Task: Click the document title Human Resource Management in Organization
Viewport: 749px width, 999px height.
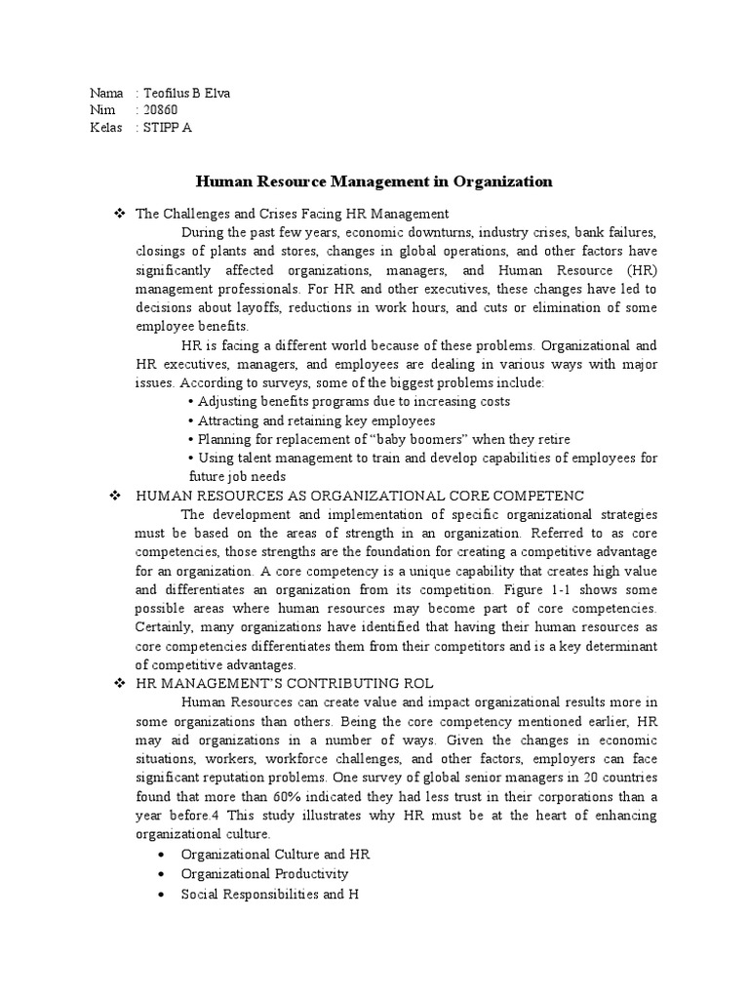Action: tap(374, 181)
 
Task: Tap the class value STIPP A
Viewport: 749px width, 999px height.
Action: tap(167, 128)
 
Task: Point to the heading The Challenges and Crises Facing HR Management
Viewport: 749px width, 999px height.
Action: tap(292, 214)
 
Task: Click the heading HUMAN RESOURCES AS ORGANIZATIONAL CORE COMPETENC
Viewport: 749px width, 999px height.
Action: tap(360, 497)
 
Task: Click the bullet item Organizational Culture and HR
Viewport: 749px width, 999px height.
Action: tap(275, 854)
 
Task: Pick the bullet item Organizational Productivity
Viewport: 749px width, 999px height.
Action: tap(264, 873)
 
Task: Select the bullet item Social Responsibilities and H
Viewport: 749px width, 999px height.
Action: tap(270, 893)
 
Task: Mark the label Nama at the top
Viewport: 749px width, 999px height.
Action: tap(106, 94)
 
